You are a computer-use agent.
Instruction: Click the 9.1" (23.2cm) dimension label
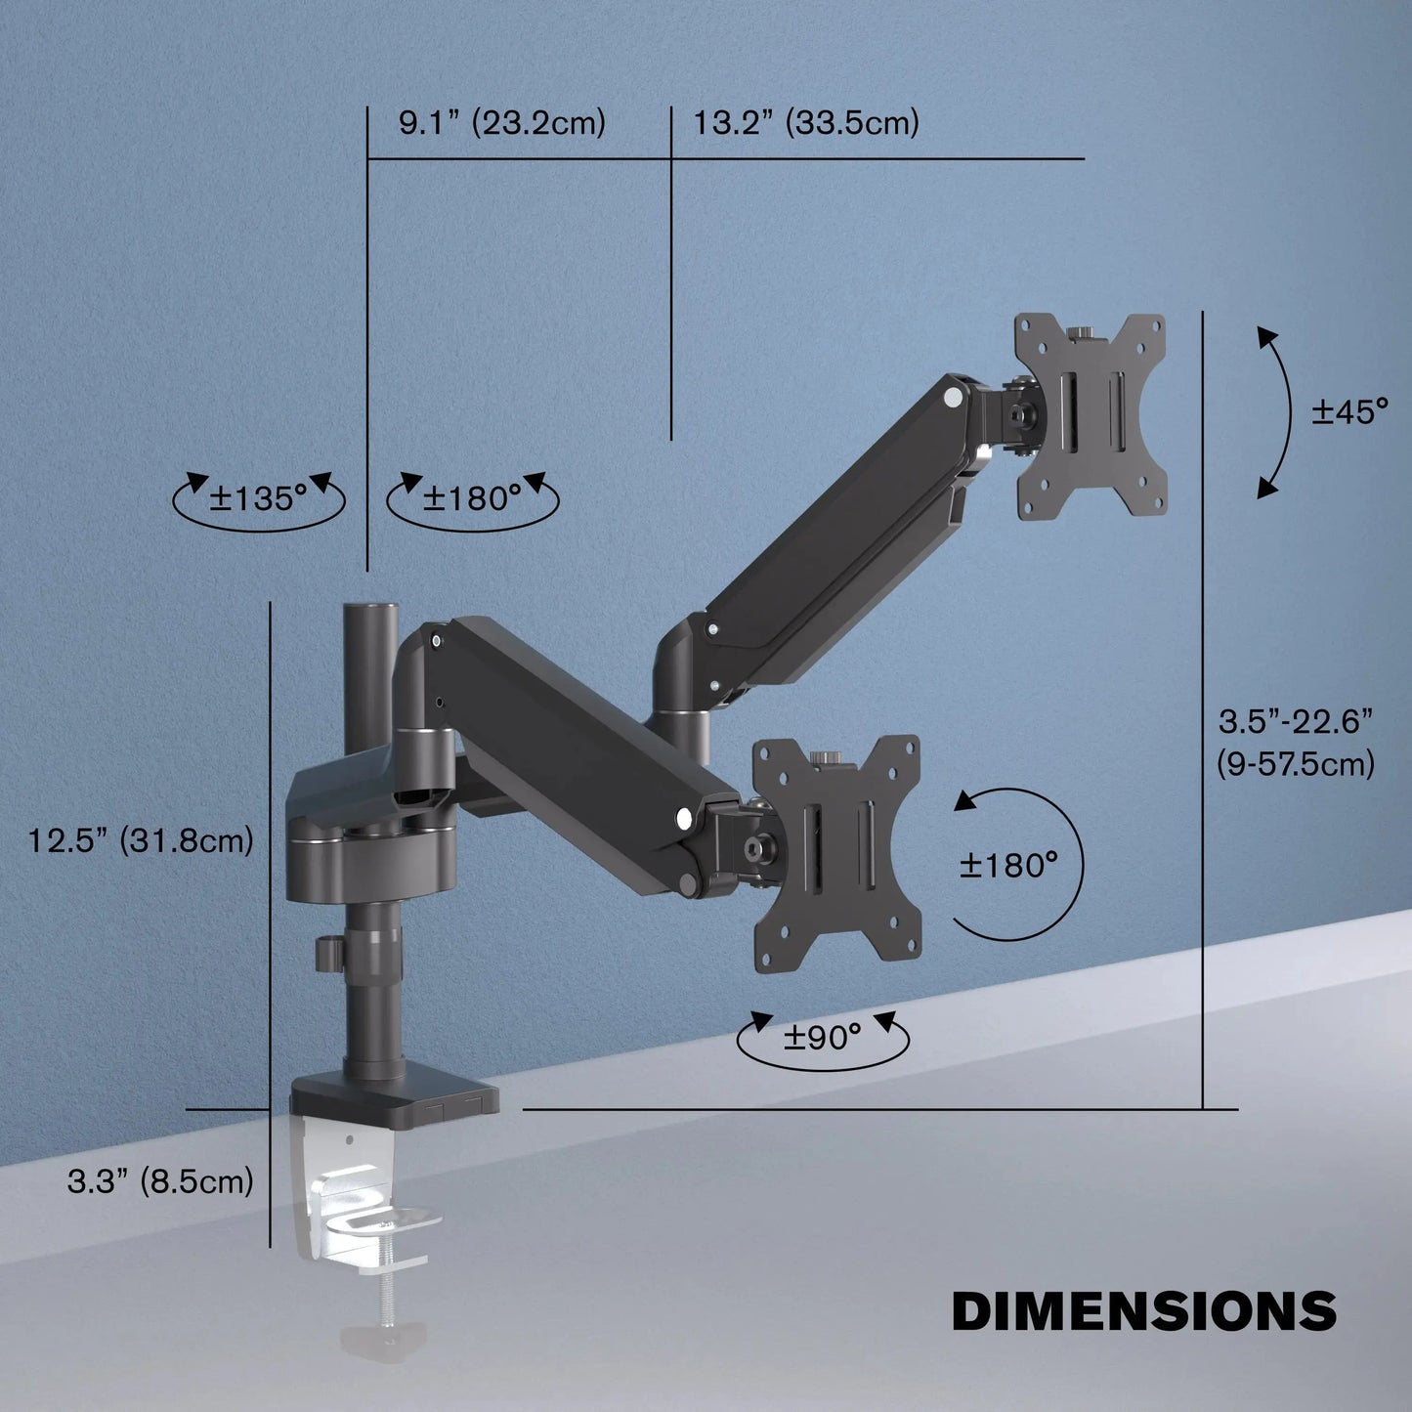pos(502,123)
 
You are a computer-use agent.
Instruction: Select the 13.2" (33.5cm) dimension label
pos(806,123)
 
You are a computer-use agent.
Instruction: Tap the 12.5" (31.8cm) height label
pos(140,839)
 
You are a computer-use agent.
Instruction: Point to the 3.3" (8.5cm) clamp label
pos(160,1181)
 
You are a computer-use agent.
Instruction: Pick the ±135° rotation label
pos(258,498)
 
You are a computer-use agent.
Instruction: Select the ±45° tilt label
pos(1349,411)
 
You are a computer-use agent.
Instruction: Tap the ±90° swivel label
pos(822,1037)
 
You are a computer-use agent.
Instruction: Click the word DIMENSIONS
pos(1144,1310)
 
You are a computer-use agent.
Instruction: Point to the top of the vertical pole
pos(368,612)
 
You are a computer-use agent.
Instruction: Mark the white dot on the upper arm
pos(952,398)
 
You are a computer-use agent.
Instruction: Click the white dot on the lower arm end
pos(684,815)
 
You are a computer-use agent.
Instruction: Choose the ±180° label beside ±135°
pos(473,498)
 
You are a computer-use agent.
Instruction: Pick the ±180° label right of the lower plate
pos(1008,865)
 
